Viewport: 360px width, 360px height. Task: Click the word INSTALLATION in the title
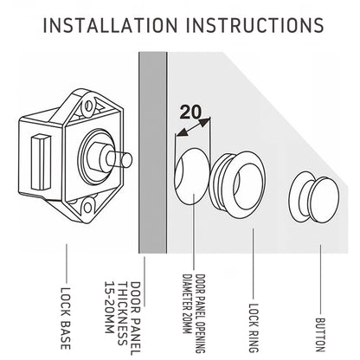pos(110,25)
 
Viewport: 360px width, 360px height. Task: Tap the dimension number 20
pos(190,112)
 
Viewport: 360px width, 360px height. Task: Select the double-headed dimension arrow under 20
pos(193,126)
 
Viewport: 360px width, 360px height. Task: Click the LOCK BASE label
pos(66,318)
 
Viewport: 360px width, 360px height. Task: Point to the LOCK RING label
pos(254,328)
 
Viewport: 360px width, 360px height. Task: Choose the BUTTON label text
pos(320,335)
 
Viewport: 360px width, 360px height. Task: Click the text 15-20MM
pos(109,307)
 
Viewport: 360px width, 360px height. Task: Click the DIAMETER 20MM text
pos(187,304)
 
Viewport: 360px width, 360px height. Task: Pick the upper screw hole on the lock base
pos(89,106)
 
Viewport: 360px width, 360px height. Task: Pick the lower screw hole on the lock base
pos(87,208)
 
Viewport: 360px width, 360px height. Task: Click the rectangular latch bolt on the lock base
pos(41,162)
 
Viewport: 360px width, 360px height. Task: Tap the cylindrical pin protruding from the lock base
pos(119,159)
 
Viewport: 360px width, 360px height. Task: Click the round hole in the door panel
pos(191,176)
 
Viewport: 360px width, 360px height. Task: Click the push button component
pos(314,197)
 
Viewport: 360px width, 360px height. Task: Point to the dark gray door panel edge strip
pos(153,153)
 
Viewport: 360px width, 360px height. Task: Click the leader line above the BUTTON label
pos(320,279)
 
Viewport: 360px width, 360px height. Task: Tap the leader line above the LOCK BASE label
pos(67,263)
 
